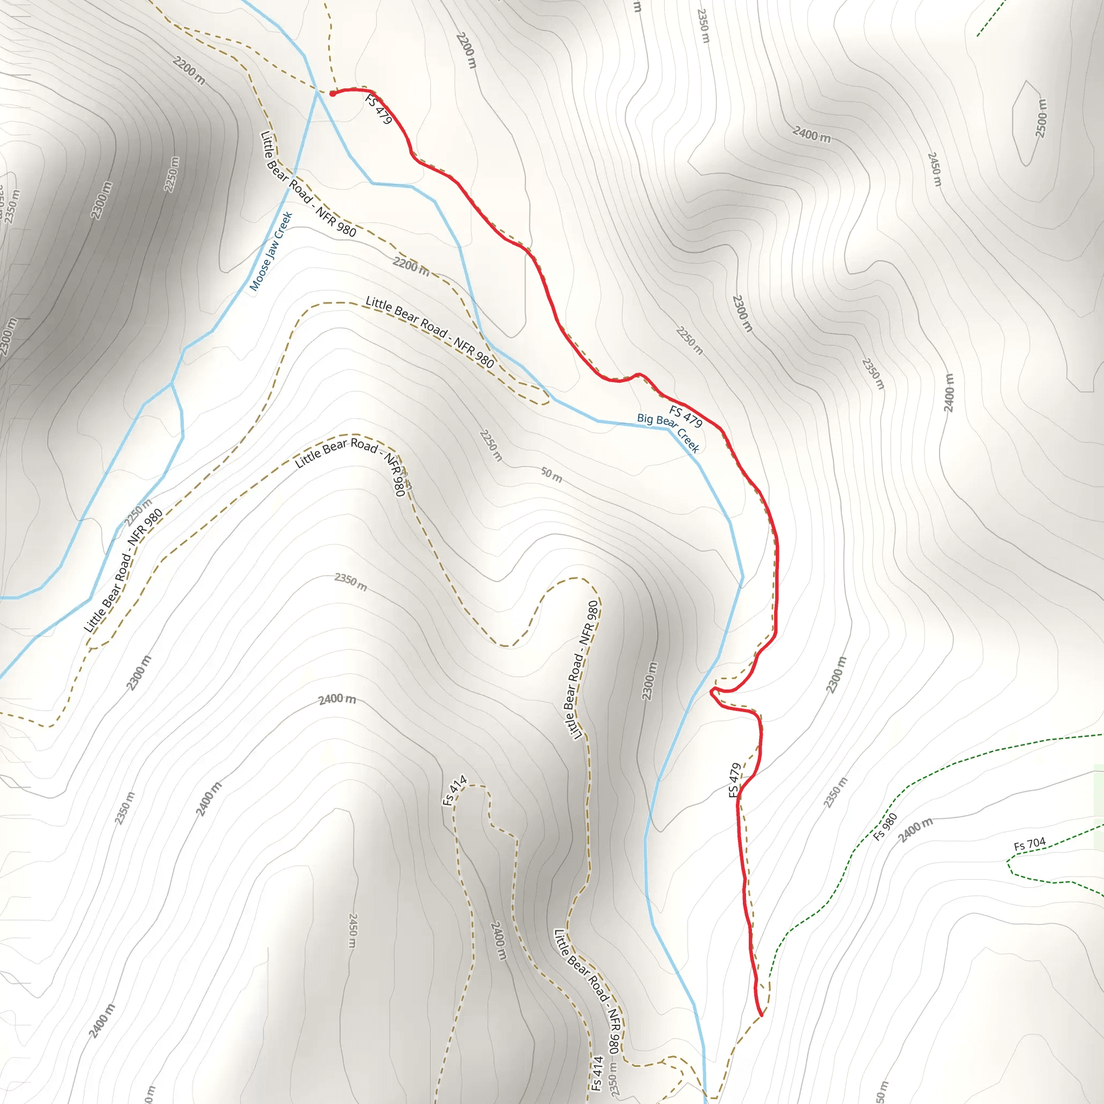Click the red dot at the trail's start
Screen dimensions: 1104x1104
(x=333, y=94)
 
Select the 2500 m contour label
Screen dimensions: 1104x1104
(x=1041, y=118)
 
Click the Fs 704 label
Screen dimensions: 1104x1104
(x=1030, y=844)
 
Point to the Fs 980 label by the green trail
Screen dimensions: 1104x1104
(x=885, y=827)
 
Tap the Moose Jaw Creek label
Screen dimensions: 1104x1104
(x=272, y=251)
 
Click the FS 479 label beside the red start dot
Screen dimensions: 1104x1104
(x=378, y=109)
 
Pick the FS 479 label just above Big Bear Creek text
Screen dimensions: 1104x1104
(x=686, y=416)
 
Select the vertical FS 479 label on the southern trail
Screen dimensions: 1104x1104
(x=735, y=779)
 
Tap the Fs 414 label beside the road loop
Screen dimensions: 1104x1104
(x=455, y=790)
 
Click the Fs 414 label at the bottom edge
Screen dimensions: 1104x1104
(x=596, y=1073)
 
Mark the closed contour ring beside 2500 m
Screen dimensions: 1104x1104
(x=1026, y=123)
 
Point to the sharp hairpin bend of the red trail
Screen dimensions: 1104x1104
(x=712, y=693)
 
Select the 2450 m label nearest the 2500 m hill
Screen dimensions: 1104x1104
(x=934, y=169)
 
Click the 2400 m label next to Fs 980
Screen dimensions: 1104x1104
(x=915, y=830)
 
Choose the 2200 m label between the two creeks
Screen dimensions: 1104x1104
(x=411, y=266)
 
